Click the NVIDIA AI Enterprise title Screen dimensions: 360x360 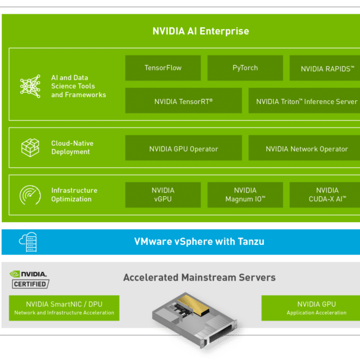201,31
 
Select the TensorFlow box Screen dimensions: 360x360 163,68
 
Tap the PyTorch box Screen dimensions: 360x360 245,68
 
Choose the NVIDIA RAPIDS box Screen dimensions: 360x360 325,68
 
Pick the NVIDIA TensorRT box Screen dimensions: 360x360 183,100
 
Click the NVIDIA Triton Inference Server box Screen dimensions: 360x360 304,100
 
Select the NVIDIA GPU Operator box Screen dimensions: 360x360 183,148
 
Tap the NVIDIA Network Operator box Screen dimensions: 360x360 304,148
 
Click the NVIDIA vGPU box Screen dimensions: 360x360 163,195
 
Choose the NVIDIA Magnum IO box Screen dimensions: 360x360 245,195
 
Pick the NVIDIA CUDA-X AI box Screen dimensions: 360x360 325,195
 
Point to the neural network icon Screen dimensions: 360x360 30,86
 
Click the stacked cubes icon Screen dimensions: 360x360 30,148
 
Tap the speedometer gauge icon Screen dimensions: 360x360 30,195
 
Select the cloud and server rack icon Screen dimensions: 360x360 28,242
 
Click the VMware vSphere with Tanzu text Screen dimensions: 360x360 199,242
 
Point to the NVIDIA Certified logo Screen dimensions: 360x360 30,279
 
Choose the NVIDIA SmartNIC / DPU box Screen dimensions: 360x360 64,308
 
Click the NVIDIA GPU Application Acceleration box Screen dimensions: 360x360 311,308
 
